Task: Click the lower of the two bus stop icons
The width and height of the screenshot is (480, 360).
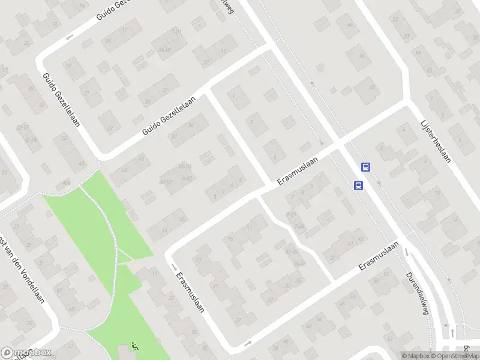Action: pyautogui.click(x=358, y=185)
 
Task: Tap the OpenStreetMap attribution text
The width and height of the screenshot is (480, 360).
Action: pyautogui.click(x=452, y=356)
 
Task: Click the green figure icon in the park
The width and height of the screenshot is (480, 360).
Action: pyautogui.click(x=134, y=346)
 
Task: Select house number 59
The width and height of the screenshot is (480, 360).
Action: pyautogui.click(x=395, y=18)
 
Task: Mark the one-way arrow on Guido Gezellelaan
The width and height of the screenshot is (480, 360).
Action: pyautogui.click(x=68, y=37)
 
